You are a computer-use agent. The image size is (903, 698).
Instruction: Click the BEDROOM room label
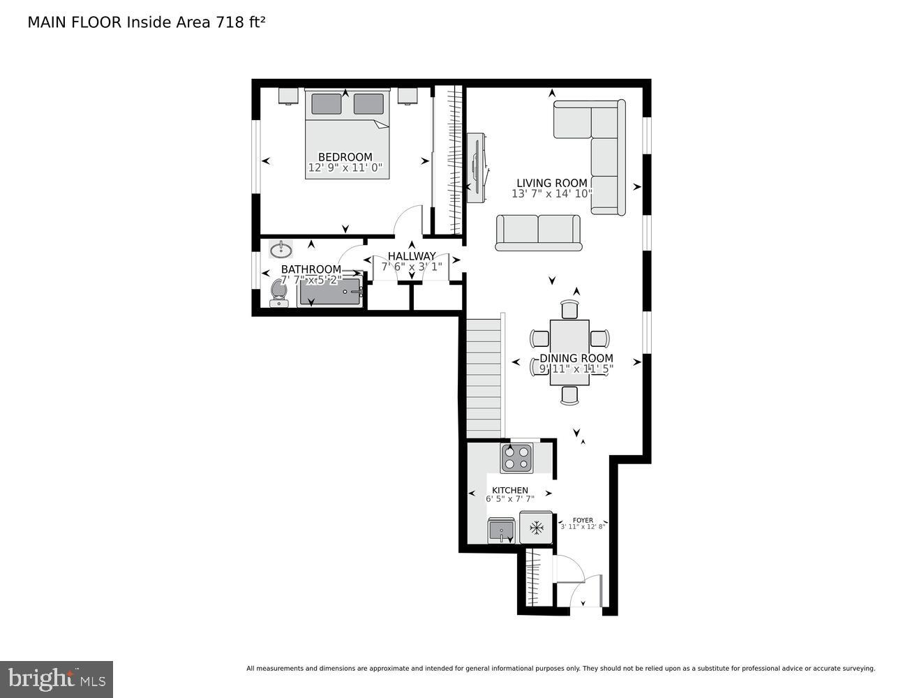[x=345, y=157]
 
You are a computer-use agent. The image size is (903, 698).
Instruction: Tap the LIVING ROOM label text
[x=551, y=183]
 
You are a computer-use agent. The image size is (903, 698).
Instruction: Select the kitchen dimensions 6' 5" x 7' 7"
[x=509, y=499]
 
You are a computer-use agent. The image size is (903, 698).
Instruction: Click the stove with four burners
[x=516, y=457]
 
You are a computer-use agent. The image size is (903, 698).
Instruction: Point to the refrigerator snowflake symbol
[x=536, y=528]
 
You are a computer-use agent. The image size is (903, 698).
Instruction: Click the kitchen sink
[x=501, y=530]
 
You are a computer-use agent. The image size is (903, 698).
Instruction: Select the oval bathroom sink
[x=281, y=248]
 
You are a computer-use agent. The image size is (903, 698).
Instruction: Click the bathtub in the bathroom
[x=329, y=293]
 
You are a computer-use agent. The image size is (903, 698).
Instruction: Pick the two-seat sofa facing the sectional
[x=538, y=232]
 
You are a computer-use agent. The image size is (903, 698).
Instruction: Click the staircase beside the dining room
[x=484, y=377]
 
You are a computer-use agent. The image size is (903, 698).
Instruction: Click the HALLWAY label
[x=411, y=256]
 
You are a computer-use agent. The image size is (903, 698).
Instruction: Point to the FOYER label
[x=583, y=520]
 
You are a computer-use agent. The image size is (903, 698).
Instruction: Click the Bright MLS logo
[x=56, y=678]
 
